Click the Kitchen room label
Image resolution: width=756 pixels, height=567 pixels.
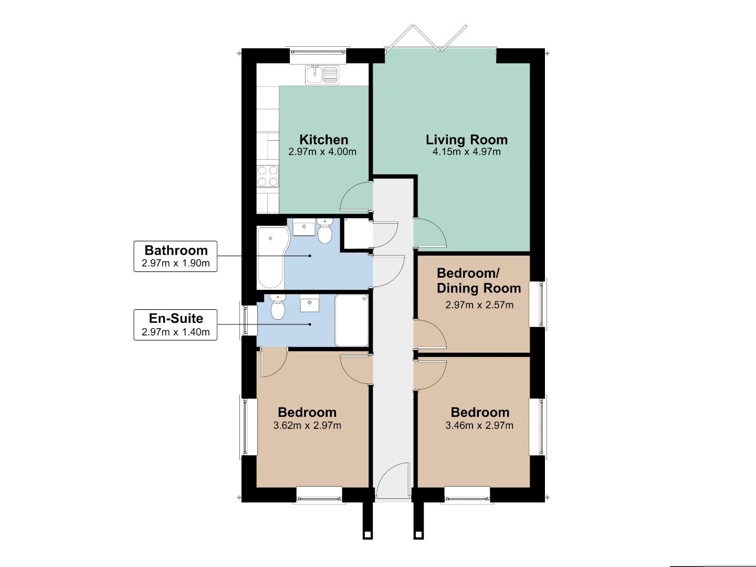point(323,140)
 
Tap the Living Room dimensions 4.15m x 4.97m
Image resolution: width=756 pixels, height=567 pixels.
point(466,152)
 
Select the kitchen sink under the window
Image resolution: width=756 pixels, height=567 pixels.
point(322,75)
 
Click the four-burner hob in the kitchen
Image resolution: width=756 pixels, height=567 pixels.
point(268,176)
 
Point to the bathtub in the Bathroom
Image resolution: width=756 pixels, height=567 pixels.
point(271,257)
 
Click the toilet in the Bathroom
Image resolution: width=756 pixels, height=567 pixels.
point(325,233)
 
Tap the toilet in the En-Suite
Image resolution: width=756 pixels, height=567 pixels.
point(277,307)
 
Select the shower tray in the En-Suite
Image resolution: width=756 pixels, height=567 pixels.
point(352,320)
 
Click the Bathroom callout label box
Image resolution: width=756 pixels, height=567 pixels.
point(175,256)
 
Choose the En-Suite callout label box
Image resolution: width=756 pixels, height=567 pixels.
point(175,324)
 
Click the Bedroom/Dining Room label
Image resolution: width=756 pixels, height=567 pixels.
point(478,281)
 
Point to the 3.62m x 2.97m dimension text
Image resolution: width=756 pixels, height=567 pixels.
point(307,426)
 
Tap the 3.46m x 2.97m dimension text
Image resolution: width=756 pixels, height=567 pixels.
point(479,426)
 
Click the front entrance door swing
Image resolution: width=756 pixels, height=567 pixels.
point(393,480)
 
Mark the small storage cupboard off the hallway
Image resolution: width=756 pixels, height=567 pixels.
point(356,233)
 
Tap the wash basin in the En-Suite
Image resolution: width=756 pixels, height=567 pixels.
point(310,303)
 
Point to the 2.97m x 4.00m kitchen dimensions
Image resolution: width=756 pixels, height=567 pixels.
point(322,152)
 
